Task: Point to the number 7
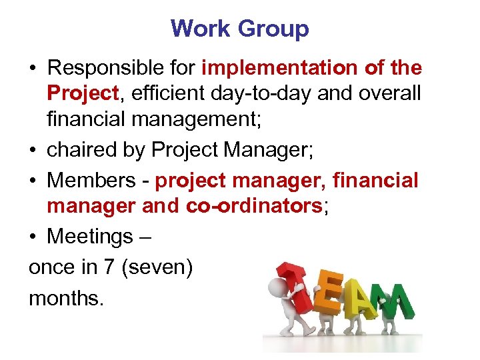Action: (109, 266)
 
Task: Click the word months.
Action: (65, 297)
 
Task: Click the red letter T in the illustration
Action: (299, 287)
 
